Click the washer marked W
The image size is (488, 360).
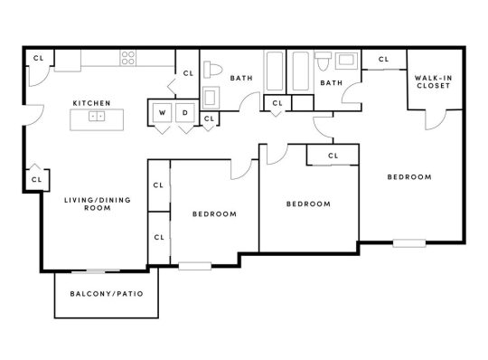163,113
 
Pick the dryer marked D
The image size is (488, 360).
185,113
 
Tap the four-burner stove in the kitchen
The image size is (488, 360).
129,58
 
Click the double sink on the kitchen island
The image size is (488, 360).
99,115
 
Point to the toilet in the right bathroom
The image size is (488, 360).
324,61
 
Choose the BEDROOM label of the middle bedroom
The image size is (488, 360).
307,204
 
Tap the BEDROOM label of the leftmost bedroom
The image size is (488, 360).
214,214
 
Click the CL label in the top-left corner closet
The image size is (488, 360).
37,57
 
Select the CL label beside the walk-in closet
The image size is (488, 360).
383,60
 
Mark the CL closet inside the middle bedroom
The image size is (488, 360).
333,156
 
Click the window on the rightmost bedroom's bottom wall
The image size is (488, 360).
408,242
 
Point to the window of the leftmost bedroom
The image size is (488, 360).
194,265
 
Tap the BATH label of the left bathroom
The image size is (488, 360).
241,79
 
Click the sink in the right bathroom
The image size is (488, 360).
345,62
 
